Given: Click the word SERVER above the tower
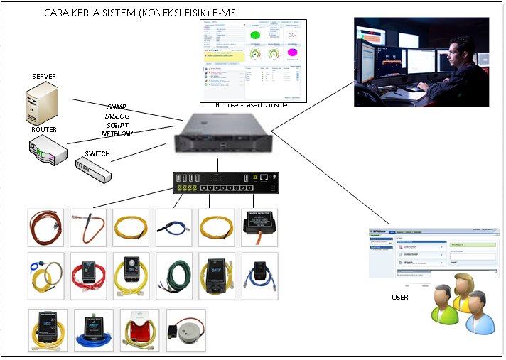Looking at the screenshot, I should point(44,76).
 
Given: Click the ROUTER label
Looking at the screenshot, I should point(43,130).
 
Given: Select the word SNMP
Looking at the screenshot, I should point(116,107).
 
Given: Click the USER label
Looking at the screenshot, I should point(400,297).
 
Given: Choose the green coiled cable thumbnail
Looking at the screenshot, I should point(176,272).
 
